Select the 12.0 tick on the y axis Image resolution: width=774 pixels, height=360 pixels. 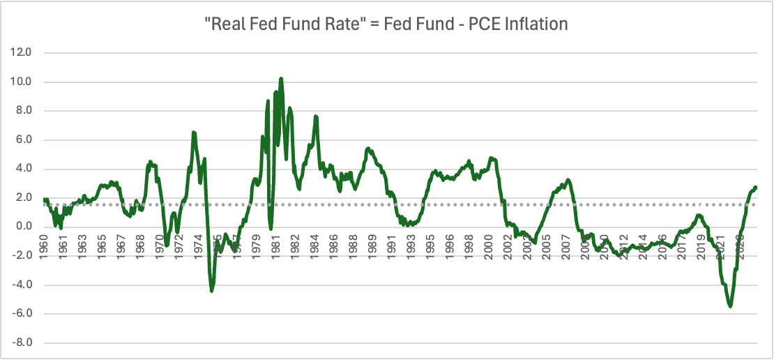coord(22,53)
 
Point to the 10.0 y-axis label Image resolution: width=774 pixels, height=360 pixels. coord(22,82)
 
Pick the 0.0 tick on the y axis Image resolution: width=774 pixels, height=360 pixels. coord(24,227)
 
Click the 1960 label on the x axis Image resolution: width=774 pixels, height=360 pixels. coord(44,247)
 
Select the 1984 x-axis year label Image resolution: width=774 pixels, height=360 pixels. coord(315,247)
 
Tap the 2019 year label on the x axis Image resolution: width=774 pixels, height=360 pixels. coord(701,247)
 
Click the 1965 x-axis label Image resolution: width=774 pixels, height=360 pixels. coord(102,247)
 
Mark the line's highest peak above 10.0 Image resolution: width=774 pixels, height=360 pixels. coord(281,78)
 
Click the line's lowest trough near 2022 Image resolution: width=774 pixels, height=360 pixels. coord(730,306)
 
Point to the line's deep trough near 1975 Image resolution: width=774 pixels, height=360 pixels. coord(212,291)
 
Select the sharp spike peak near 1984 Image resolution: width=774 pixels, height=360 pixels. coord(316,116)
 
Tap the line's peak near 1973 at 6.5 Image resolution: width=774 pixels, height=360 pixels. coord(193,132)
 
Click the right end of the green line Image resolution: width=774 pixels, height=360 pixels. coord(756,188)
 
